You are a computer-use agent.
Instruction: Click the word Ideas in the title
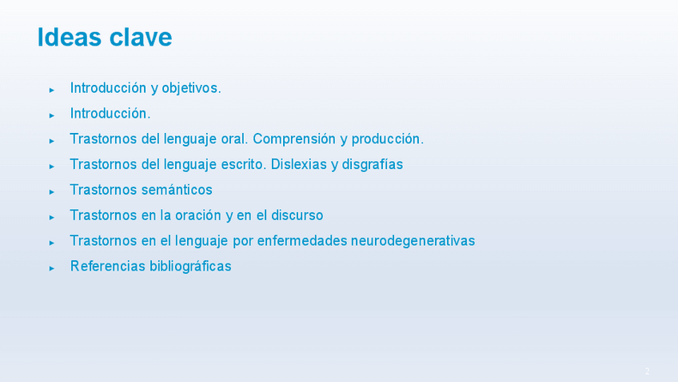70,37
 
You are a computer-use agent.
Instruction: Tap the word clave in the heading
141,37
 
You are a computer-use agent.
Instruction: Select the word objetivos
191,88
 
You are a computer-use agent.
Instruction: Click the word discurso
297,215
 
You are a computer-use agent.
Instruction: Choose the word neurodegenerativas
413,241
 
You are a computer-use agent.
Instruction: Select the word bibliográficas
190,267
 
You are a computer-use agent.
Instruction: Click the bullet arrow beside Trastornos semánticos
51,192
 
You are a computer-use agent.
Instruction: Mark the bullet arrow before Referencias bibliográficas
51,268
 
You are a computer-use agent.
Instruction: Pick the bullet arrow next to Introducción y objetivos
51,90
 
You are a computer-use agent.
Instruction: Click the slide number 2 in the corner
648,371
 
